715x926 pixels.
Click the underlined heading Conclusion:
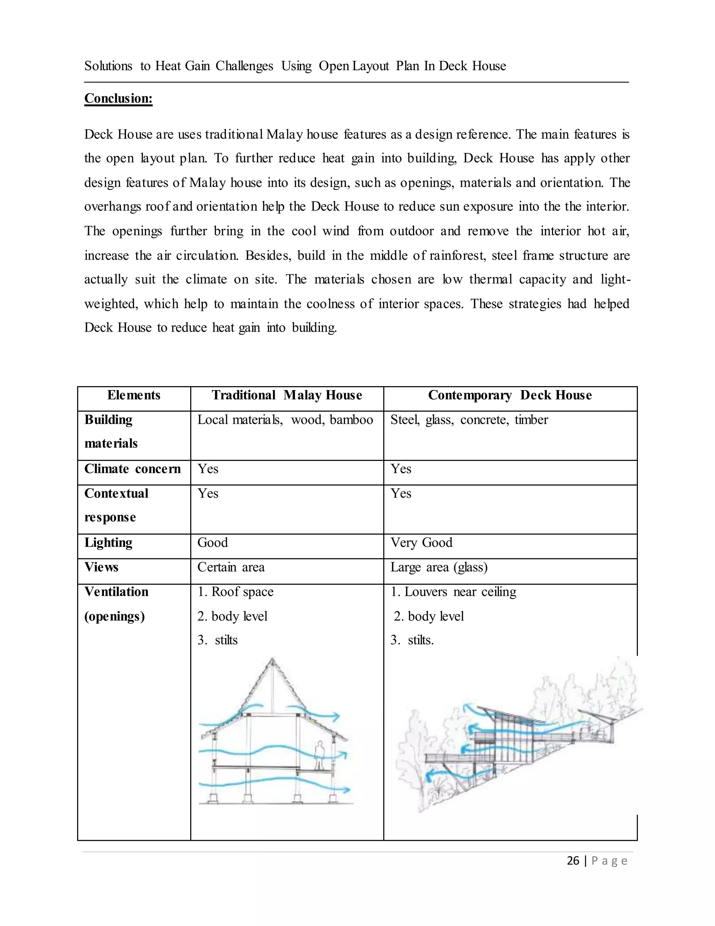point(118,99)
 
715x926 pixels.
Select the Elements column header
point(134,395)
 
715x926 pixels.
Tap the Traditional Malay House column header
point(287,395)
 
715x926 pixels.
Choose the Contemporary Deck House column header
point(510,395)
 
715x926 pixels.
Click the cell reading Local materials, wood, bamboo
point(285,420)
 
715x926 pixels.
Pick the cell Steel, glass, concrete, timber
point(469,420)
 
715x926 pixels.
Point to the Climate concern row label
point(132,469)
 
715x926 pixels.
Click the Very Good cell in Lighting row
point(421,543)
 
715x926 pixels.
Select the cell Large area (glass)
point(439,567)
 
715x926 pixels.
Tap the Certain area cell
point(231,567)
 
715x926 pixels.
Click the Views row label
point(101,567)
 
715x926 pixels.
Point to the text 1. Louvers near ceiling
point(453,592)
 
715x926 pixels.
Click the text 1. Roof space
point(236,592)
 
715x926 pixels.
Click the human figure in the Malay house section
point(319,755)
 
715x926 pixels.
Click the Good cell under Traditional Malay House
point(213,543)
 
